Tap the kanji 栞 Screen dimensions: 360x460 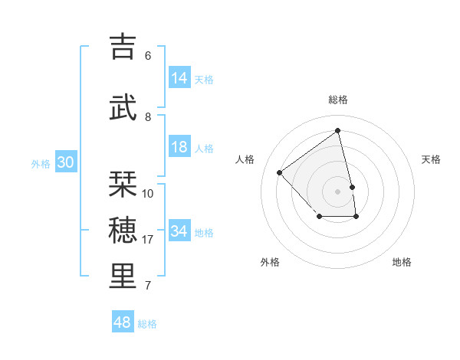pyautogui.click(x=123, y=183)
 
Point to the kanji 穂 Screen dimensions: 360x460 pyautogui.click(x=123, y=229)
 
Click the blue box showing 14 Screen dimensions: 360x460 pyautogui.click(x=179, y=78)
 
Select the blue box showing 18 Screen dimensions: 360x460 pyautogui.click(x=179, y=147)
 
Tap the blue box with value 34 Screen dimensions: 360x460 pyautogui.click(x=179, y=231)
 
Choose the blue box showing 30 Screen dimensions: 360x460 pyautogui.click(x=65, y=162)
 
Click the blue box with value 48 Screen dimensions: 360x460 pyautogui.click(x=123, y=322)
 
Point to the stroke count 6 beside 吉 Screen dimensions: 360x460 pyautogui.click(x=148, y=56)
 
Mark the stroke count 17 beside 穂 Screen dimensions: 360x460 pyautogui.click(x=148, y=240)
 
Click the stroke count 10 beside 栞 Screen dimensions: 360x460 pyautogui.click(x=148, y=194)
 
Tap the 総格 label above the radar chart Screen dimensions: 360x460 pyautogui.click(x=338, y=100)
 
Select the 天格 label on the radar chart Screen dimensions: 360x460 pyautogui.click(x=431, y=159)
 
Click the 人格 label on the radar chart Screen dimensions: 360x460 pyautogui.click(x=245, y=159)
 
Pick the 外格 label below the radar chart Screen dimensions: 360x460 pyautogui.click(x=270, y=262)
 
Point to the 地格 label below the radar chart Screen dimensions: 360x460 pyautogui.click(x=402, y=262)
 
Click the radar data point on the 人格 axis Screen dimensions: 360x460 pyautogui.click(x=280, y=172)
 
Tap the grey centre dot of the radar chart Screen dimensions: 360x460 pyautogui.click(x=338, y=191)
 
